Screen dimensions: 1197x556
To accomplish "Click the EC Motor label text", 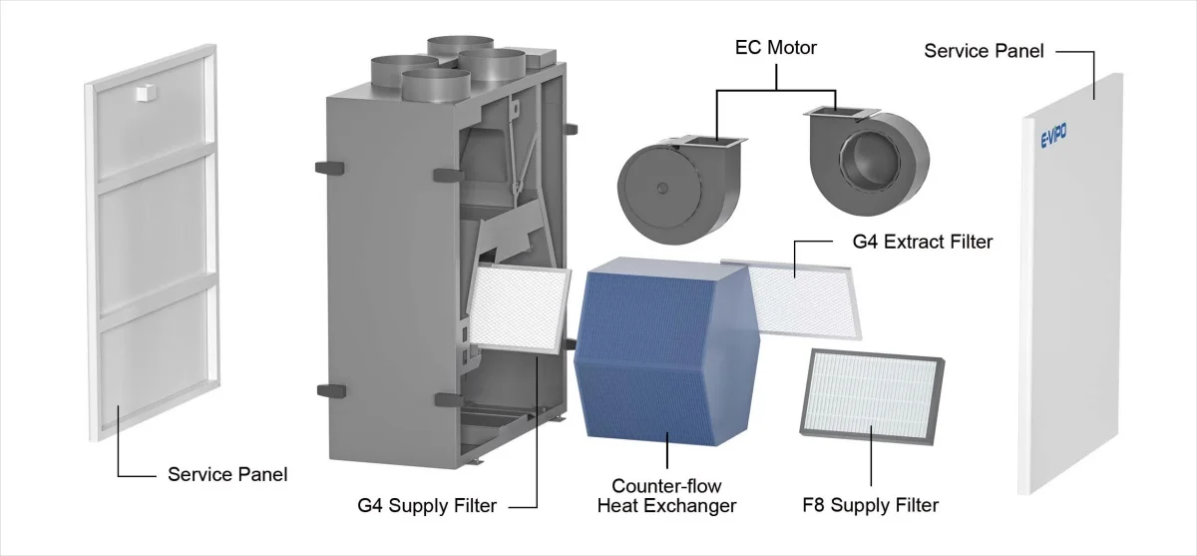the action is tap(775, 48).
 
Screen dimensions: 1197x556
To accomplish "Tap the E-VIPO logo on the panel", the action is tap(1053, 136).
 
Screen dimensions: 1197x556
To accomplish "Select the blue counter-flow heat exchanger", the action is tap(666, 351).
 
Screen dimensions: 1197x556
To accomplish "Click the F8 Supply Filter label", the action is tap(870, 505).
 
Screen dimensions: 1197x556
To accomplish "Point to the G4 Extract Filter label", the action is tap(923, 242).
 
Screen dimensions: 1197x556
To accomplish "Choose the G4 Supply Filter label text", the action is tap(427, 505).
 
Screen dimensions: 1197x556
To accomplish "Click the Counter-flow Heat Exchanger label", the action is tap(666, 495).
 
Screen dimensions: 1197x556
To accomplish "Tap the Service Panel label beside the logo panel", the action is tap(984, 51).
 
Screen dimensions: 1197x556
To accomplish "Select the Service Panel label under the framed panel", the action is tap(227, 474).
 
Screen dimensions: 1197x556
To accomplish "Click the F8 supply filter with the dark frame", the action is tap(872, 397).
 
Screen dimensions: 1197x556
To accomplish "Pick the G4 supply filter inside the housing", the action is tap(519, 307).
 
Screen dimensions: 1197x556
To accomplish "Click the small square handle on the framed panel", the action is tap(146, 93).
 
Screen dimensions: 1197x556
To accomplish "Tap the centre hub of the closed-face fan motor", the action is tap(662, 189).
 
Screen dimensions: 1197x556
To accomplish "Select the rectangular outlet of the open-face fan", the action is tap(842, 113).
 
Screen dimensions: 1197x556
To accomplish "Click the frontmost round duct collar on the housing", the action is tap(436, 86).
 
